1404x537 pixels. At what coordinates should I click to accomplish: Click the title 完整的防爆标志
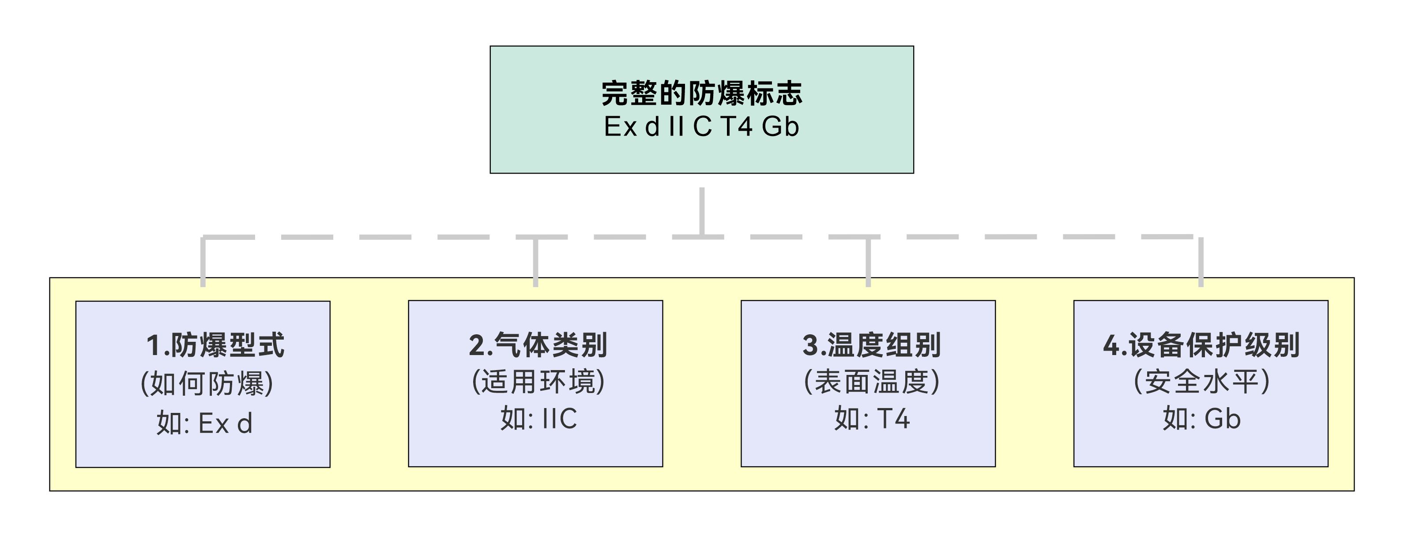pos(702,93)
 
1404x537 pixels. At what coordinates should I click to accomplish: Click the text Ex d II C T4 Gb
pos(701,126)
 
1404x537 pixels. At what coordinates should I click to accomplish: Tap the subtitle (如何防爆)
pos(207,383)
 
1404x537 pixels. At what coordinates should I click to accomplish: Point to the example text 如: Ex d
pos(204,423)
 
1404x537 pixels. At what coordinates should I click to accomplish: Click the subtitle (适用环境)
pos(538,381)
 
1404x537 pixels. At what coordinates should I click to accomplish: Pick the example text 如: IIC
pos(538,419)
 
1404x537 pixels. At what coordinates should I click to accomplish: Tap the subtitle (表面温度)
pos(872,381)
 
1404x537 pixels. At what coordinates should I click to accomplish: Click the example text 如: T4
pos(872,419)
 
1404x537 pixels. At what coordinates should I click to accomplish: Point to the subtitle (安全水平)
pos(1201,381)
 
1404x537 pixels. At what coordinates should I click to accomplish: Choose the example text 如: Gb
pos(1201,419)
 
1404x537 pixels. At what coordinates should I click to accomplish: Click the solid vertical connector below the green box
pos(702,212)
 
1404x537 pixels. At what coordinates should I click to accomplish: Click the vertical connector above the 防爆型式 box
pos(203,262)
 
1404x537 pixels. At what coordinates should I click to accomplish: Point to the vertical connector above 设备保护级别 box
pos(1201,262)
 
